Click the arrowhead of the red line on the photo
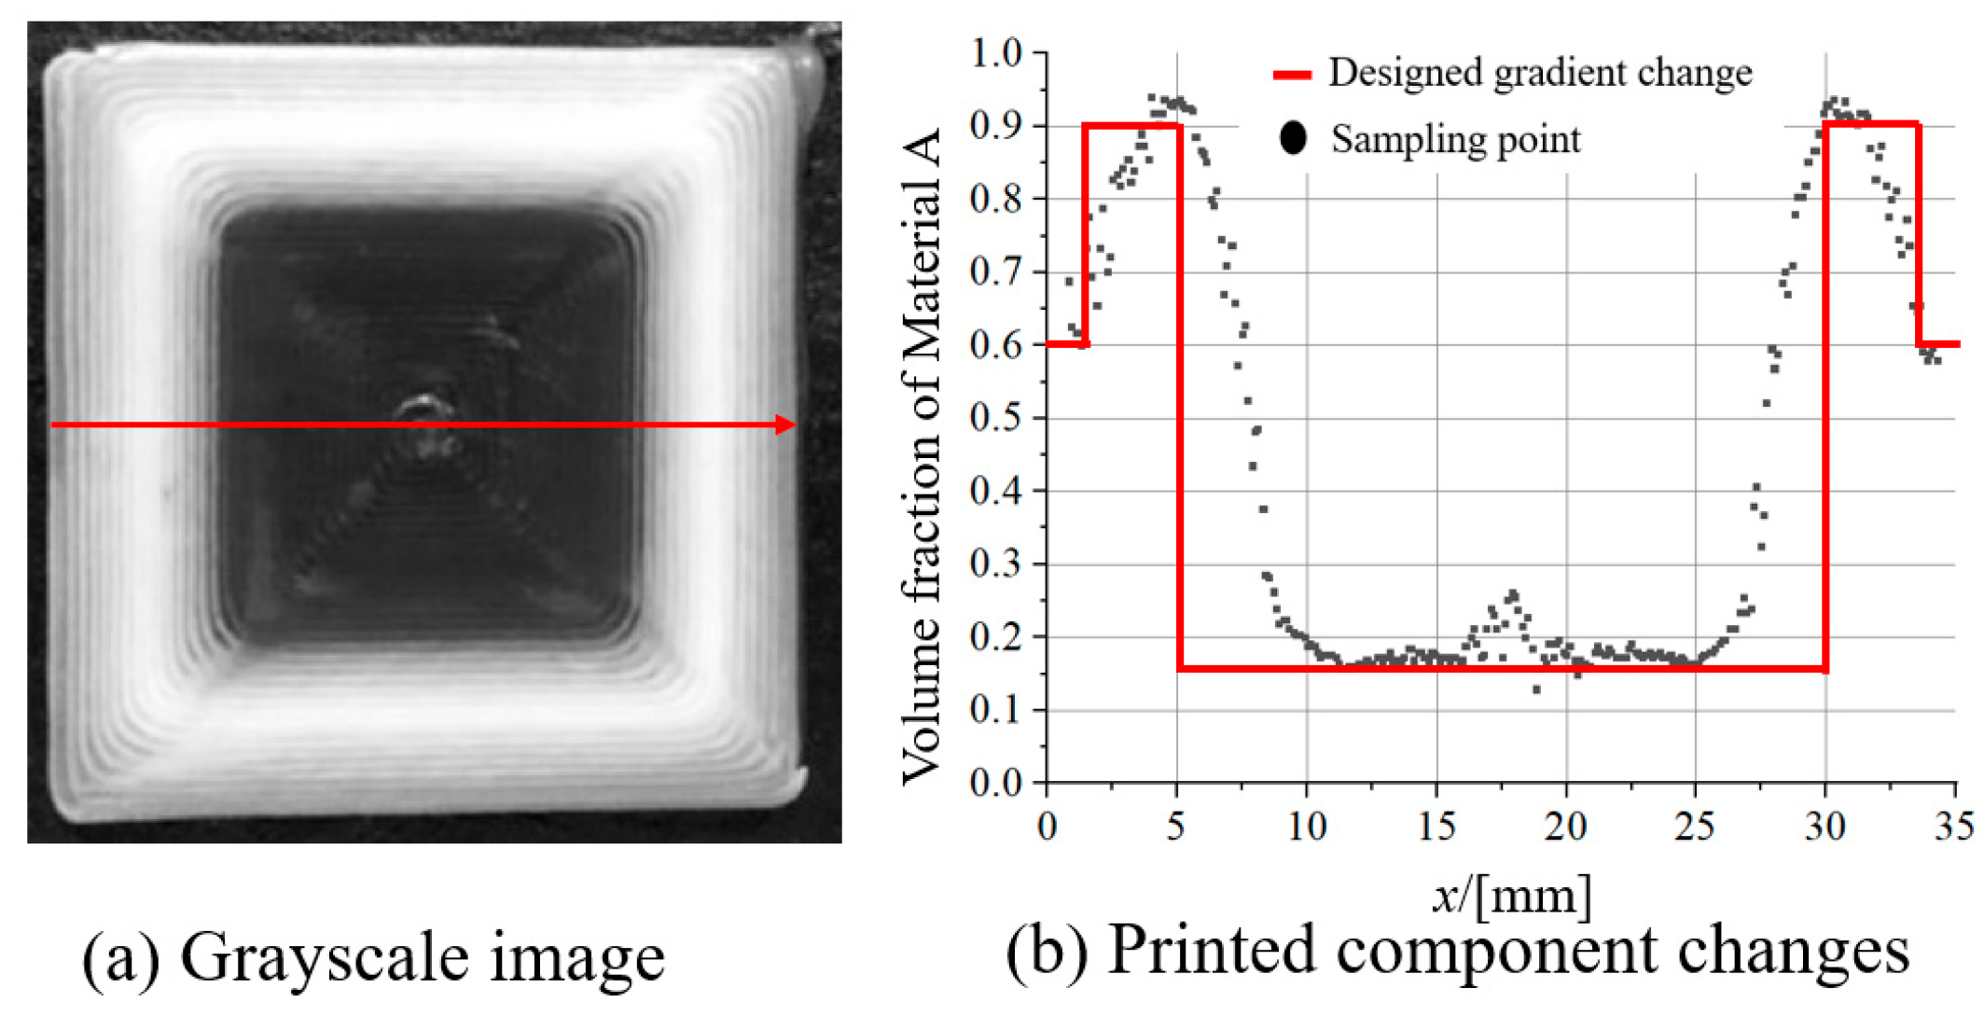[785, 425]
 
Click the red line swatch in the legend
[1293, 75]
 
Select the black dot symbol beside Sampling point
[1293, 138]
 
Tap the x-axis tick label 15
[1436, 826]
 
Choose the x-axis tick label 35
[1953, 826]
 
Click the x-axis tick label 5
[1177, 826]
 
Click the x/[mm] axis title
[1511, 896]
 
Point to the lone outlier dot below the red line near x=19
[1536, 689]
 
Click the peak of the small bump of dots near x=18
[1512, 594]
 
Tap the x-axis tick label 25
[1695, 826]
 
